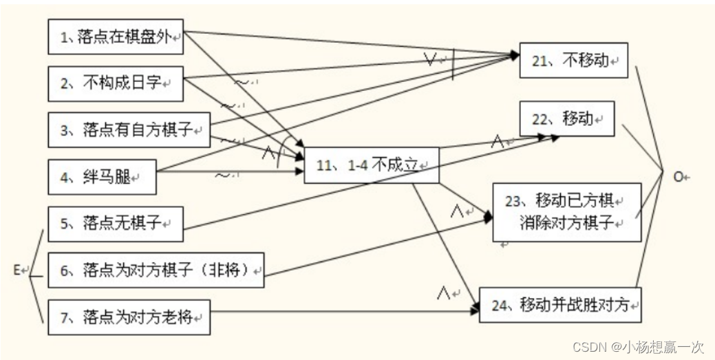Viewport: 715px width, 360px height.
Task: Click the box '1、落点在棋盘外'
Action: click(x=116, y=37)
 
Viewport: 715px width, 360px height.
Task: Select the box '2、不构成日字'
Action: click(x=116, y=83)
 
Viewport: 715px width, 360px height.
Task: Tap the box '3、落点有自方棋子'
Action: click(x=129, y=129)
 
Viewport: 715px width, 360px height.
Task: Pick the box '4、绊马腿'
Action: click(x=103, y=176)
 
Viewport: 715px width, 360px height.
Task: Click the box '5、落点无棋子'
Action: click(x=116, y=223)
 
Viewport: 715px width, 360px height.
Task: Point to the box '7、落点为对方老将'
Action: click(x=129, y=317)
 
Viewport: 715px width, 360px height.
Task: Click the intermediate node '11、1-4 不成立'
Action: click(x=371, y=165)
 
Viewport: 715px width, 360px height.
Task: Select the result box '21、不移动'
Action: click(x=573, y=60)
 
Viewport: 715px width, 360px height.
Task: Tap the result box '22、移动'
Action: click(x=566, y=118)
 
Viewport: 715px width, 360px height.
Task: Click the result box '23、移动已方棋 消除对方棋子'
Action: click(x=567, y=212)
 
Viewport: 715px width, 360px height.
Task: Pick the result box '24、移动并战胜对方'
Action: click(x=560, y=305)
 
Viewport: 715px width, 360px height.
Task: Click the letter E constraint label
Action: click(x=17, y=271)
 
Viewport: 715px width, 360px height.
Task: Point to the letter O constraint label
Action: click(x=678, y=176)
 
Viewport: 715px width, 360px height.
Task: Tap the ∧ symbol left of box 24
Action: click(x=443, y=293)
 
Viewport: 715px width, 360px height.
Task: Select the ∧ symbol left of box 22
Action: click(x=498, y=141)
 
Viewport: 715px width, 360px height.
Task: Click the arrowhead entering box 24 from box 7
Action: click(x=475, y=310)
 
